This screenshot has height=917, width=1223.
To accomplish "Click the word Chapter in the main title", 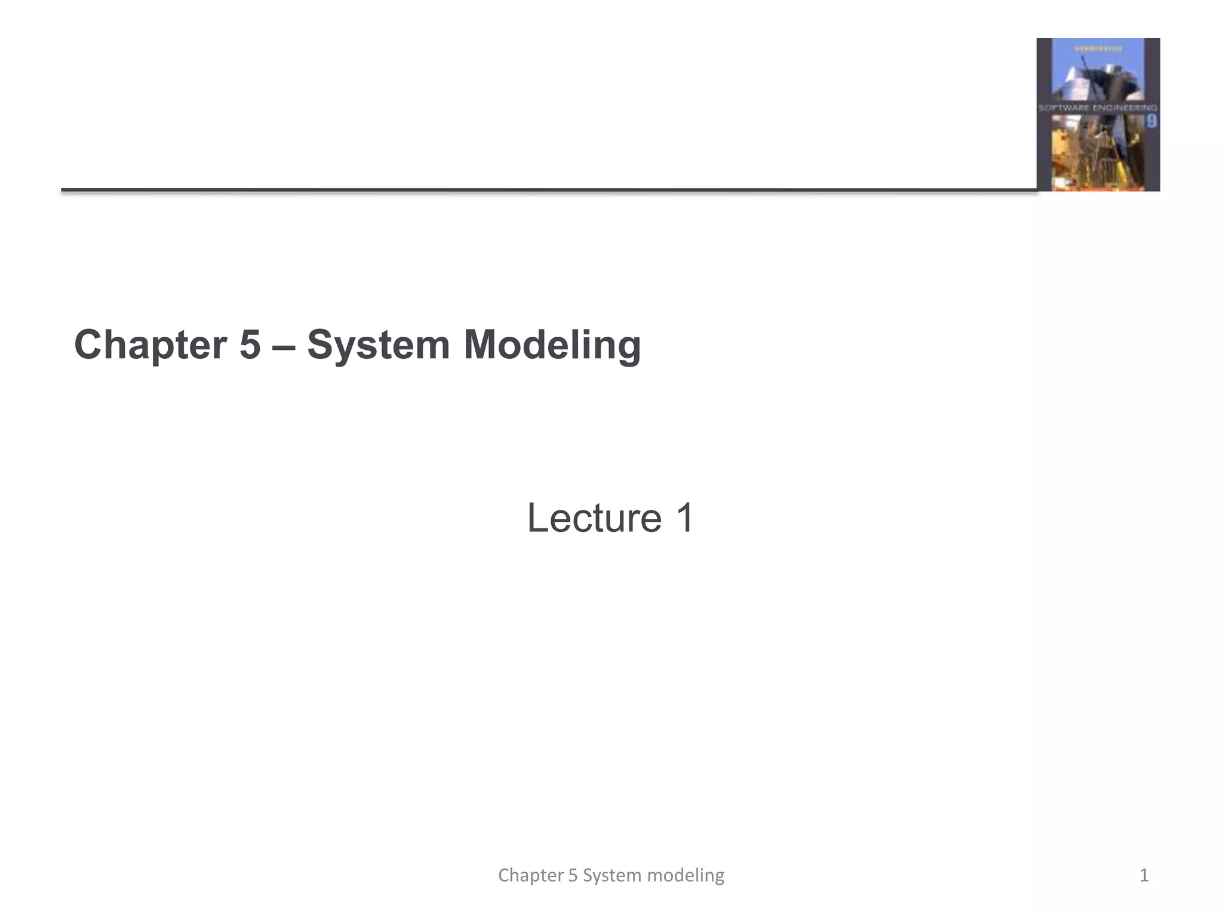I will [150, 345].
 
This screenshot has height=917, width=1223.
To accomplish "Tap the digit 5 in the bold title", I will [250, 345].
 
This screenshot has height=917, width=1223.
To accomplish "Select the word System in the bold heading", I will [378, 345].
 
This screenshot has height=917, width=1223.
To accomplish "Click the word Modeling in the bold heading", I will [552, 345].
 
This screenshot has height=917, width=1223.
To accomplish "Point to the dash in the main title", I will [284, 346].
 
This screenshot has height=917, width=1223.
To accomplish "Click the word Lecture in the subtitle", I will [594, 518].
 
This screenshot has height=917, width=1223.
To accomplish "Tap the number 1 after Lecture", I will [684, 518].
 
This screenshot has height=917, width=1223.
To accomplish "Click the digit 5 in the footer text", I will [573, 875].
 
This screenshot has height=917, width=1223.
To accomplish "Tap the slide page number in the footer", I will [1144, 875].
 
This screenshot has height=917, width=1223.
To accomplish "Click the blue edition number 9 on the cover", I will [1151, 122].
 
